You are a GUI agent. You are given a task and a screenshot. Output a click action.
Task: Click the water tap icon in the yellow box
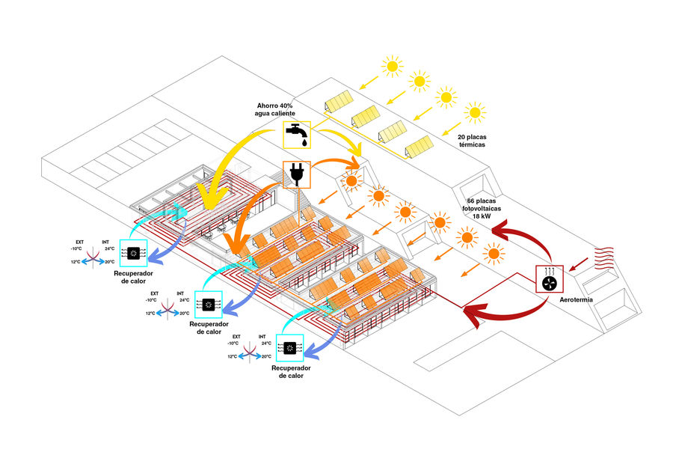point(297,134)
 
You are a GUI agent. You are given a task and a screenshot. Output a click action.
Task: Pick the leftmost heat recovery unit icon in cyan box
point(134,253)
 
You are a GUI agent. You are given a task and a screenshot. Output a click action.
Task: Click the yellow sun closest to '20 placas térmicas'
point(475,113)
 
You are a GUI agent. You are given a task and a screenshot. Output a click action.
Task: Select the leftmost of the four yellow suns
point(391,66)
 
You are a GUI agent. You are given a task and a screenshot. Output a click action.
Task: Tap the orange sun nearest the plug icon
point(351,180)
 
